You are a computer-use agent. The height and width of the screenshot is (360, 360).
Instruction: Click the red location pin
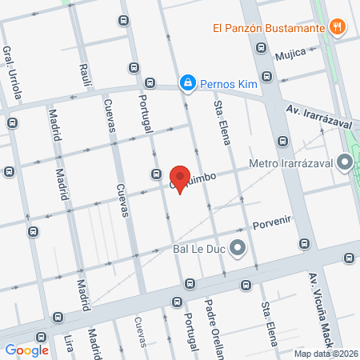pos(180,178)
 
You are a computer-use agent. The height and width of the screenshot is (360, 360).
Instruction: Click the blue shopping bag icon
pos(186,82)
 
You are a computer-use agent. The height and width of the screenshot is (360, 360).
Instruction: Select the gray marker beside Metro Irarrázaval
pos(345,164)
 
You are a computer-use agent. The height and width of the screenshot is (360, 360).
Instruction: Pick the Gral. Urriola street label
pos(13,72)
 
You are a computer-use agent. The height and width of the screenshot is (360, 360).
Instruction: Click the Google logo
pos(26,350)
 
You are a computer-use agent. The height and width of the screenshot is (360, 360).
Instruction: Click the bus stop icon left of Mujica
pos(261,48)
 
